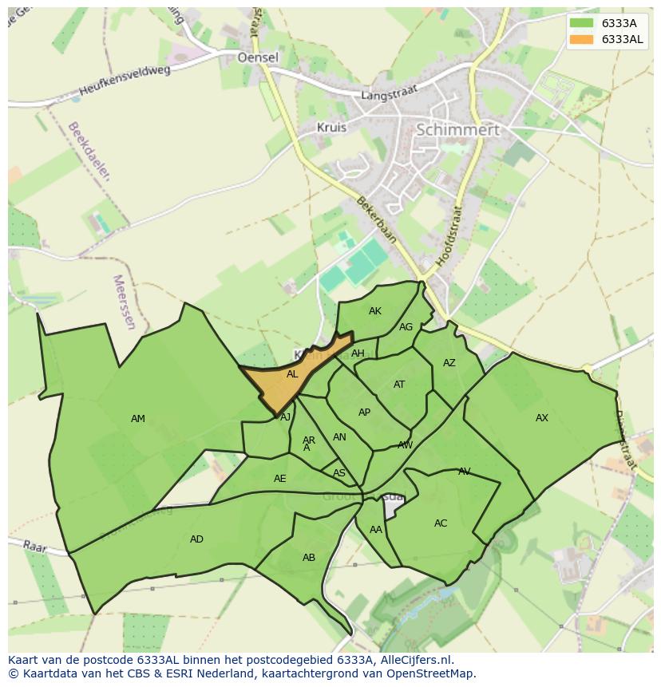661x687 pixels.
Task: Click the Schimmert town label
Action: tap(458, 129)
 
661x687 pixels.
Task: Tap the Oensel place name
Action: tap(258, 57)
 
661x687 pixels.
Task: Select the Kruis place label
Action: tap(331, 127)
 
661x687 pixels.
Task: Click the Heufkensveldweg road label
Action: tap(125, 81)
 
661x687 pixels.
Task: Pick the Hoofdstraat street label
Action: tap(452, 236)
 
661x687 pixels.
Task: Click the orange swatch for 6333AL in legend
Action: tap(580, 39)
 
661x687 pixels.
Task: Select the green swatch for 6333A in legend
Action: tap(580, 23)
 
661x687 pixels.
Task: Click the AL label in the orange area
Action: tap(292, 374)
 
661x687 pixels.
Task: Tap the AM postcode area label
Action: tap(138, 419)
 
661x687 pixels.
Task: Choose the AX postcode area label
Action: tap(542, 418)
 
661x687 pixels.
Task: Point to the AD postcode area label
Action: tap(196, 539)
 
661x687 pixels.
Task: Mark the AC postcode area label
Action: tap(441, 523)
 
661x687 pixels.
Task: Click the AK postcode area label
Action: tap(375, 311)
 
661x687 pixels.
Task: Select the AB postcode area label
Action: tap(309, 558)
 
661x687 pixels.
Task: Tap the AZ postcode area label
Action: tap(449, 363)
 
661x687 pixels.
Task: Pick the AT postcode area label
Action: tap(399, 385)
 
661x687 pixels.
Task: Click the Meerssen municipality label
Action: tap(125, 302)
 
